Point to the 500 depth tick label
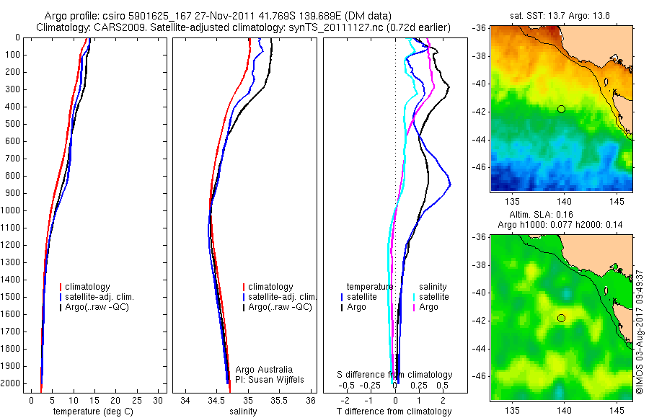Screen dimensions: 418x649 point(12,124)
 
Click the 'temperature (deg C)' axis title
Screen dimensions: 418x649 point(93,412)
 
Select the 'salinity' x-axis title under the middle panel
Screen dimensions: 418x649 point(242,412)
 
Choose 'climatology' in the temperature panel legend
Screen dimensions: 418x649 point(90,287)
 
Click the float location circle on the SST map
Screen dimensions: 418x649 point(561,109)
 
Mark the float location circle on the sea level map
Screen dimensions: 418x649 point(561,318)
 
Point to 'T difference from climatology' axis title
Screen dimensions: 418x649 point(394,412)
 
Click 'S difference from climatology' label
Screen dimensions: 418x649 point(395,375)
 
